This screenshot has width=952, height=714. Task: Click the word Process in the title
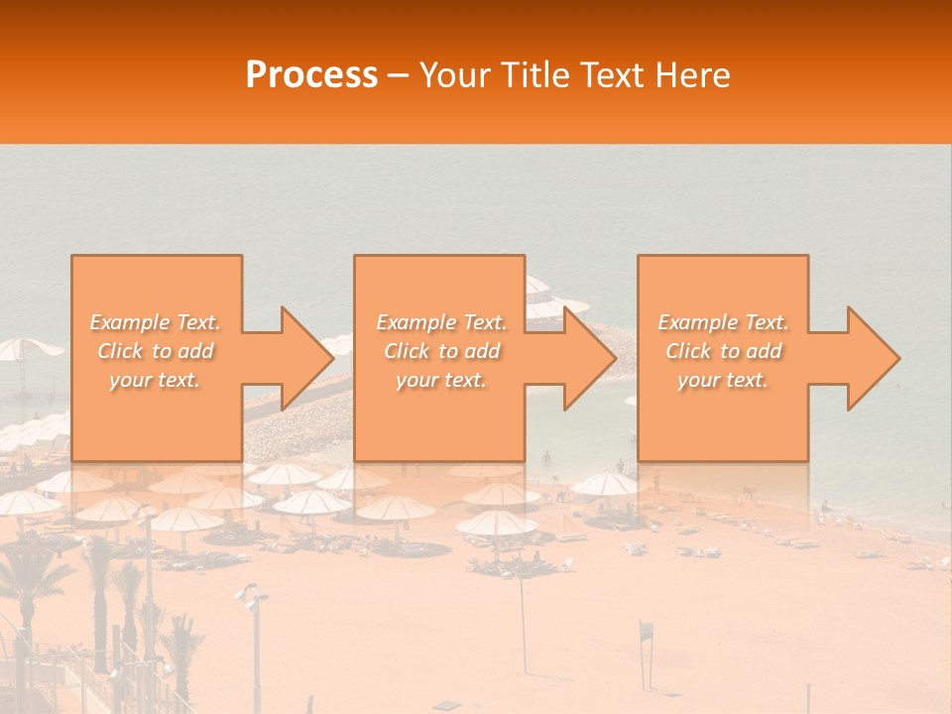tap(311, 75)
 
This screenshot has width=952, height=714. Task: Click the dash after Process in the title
tap(399, 77)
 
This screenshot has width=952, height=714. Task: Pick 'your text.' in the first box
tap(155, 380)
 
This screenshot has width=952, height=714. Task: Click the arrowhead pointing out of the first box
tap(297, 358)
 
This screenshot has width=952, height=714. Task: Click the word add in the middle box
tap(481, 351)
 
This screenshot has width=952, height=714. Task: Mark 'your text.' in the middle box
tap(441, 380)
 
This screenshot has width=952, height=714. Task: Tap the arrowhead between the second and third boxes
tap(581, 358)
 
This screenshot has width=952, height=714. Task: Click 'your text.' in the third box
tap(723, 380)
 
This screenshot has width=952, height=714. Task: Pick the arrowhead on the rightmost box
tap(865, 358)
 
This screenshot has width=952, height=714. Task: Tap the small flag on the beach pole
tap(647, 629)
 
